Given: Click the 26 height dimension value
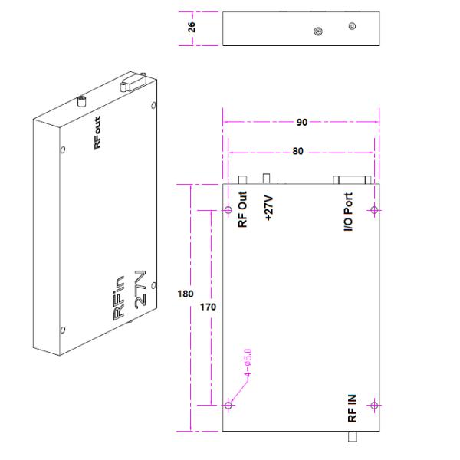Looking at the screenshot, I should tap(193, 27).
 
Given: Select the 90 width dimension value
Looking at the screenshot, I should tap(301, 122).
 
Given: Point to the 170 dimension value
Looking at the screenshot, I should tap(207, 307).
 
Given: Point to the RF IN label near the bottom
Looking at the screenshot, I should tap(352, 409).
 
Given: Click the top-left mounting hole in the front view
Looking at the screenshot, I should tap(228, 210).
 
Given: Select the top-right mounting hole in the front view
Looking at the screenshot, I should tap(374, 210).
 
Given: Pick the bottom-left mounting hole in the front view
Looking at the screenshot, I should tap(228, 406).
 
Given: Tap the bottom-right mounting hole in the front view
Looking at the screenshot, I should tap(374, 406).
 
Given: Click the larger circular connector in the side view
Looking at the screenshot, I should tap(318, 31).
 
